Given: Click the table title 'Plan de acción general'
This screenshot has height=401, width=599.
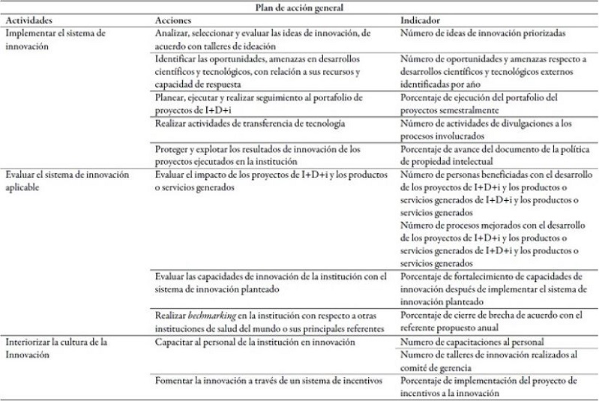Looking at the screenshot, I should coord(300,7).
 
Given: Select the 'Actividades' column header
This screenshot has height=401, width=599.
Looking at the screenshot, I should coord(28,20).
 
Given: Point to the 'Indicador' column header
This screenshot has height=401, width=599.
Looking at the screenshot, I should coord(421,20).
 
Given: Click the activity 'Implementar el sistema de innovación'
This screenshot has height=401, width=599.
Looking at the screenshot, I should coord(55,40).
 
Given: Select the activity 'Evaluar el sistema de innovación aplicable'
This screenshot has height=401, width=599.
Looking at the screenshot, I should coord(67,181).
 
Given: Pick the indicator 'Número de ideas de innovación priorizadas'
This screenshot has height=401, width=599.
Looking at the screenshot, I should coord(483,34).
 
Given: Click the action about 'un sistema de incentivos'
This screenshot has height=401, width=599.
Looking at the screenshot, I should coord(268,382).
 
